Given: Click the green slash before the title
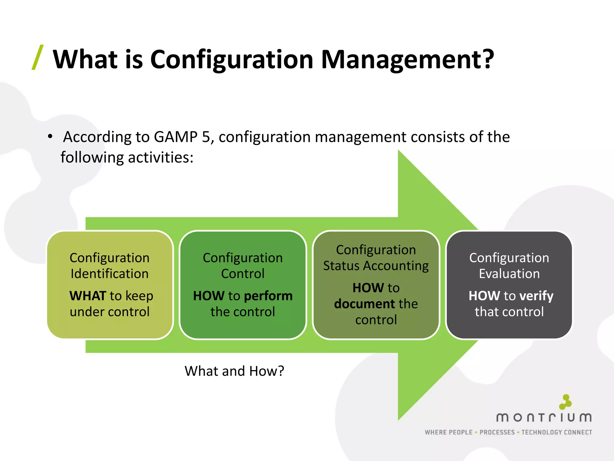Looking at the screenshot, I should click(x=38, y=57).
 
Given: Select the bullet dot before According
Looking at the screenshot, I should click(x=50, y=137).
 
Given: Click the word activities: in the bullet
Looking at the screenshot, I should click(x=161, y=157).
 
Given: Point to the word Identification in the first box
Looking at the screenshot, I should click(x=109, y=274).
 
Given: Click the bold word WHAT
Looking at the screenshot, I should click(x=88, y=296).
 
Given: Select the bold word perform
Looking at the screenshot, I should click(x=268, y=296).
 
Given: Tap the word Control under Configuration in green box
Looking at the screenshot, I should click(x=243, y=274).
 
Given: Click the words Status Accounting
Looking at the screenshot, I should click(x=376, y=266).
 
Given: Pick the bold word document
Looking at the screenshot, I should click(x=364, y=304).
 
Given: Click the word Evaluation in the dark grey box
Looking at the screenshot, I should click(x=509, y=274).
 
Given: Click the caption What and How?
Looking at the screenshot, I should click(x=234, y=371).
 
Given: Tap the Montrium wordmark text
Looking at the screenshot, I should click(x=544, y=417).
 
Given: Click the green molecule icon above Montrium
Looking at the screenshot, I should click(x=565, y=402).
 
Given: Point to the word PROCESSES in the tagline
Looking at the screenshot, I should click(x=497, y=432).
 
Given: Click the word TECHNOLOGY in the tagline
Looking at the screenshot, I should click(x=541, y=432).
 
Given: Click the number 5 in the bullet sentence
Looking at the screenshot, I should click(x=206, y=137).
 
